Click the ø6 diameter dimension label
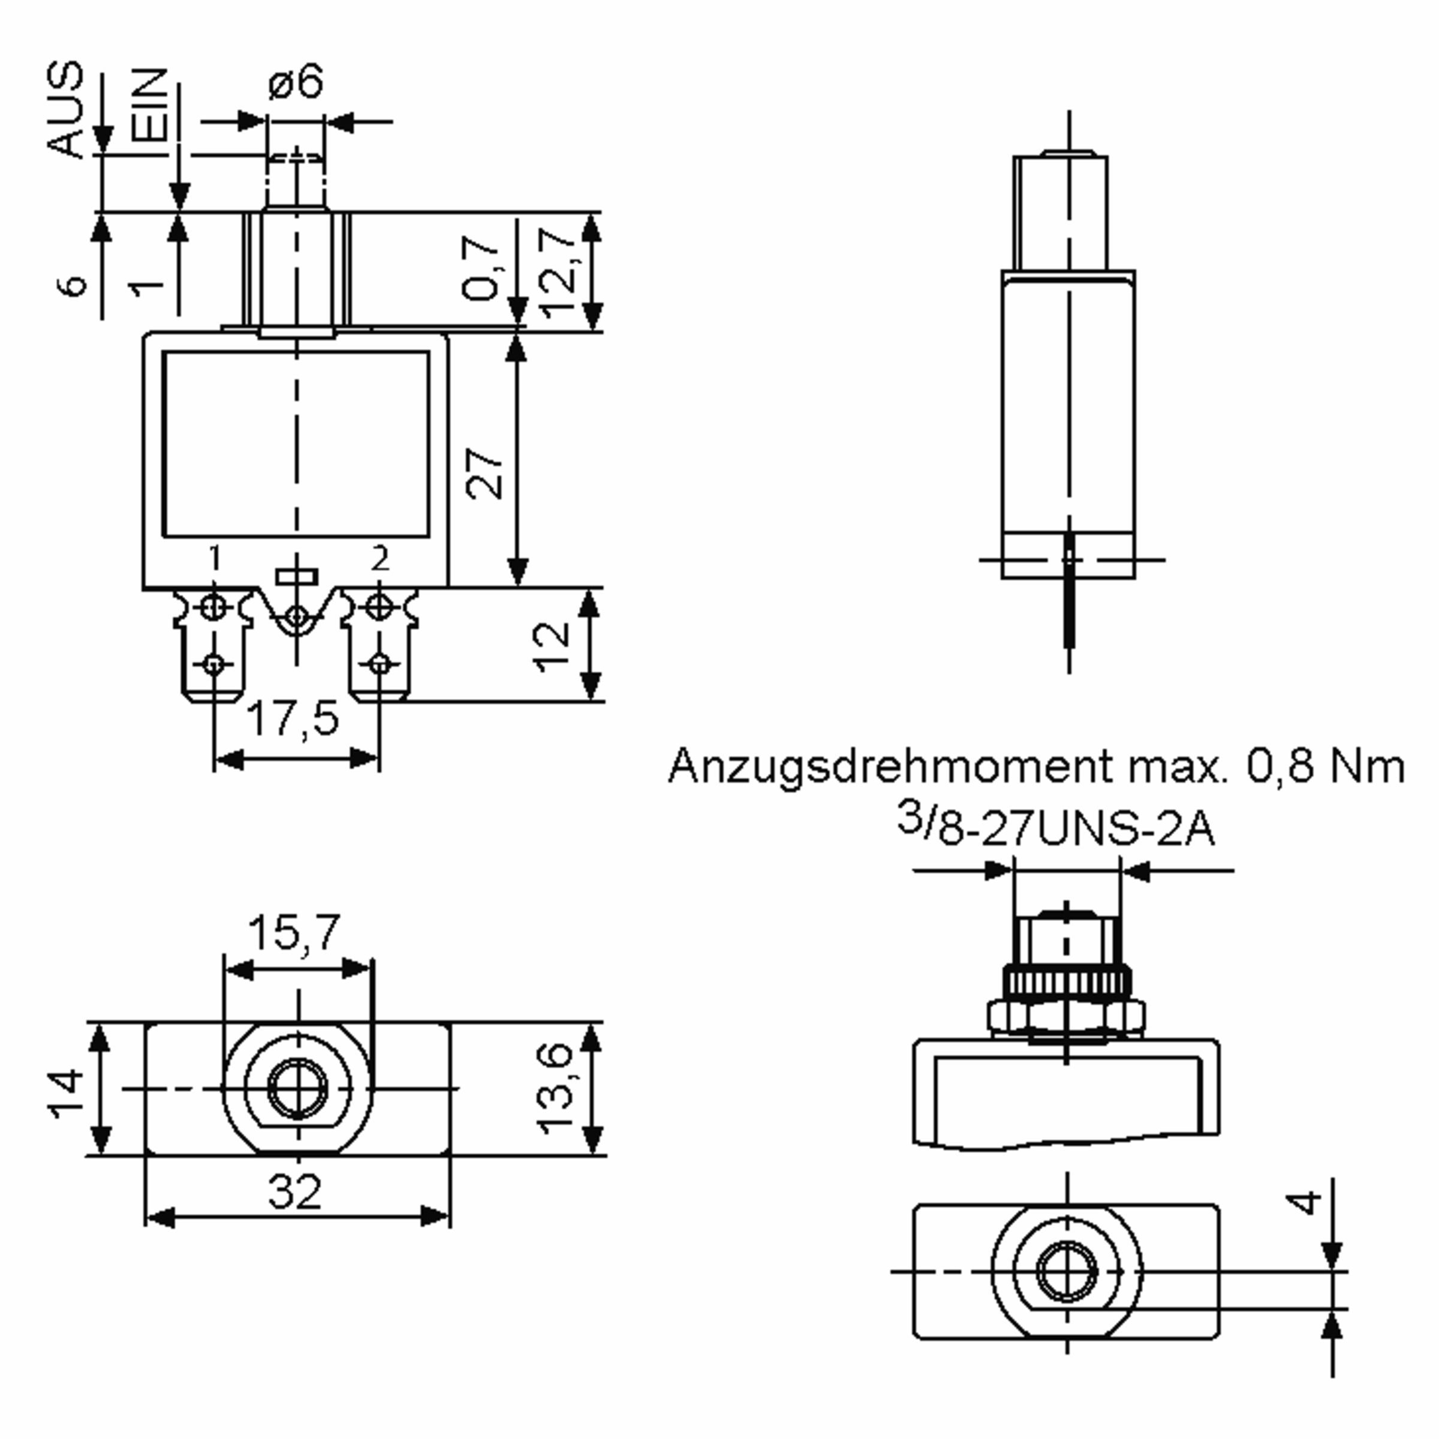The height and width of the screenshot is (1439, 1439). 296,82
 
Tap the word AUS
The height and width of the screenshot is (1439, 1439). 65,110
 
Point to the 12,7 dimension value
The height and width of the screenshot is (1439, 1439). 557,272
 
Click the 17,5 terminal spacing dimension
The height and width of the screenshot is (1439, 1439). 293,719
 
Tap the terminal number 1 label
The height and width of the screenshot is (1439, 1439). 215,557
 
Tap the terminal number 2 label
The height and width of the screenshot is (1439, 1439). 381,557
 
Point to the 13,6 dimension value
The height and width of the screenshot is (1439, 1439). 556,1089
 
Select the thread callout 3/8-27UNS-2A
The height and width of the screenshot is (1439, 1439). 1055,828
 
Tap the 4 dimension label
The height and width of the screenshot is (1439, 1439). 1303,1203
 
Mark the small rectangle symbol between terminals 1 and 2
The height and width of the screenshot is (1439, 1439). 296,576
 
